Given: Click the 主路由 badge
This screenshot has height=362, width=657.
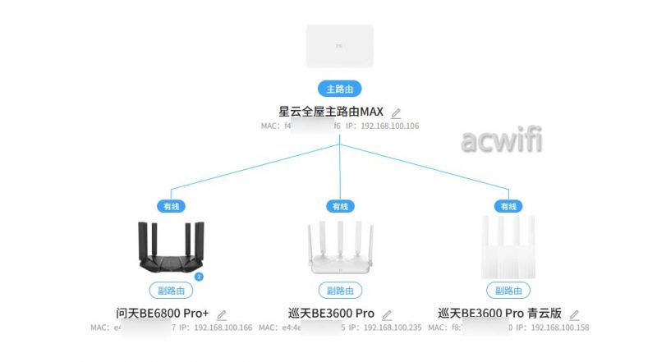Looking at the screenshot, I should (340, 89).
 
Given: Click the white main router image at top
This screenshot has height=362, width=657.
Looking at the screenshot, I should (340, 46).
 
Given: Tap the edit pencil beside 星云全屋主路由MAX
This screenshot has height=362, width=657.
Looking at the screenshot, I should (396, 112).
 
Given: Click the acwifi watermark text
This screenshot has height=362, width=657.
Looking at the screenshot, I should (502, 141).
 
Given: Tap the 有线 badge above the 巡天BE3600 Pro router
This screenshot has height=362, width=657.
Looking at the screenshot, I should (339, 206).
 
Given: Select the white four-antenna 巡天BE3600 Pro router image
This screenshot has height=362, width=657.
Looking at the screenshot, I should (339, 246).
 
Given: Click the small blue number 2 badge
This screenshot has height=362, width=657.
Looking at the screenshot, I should (199, 277).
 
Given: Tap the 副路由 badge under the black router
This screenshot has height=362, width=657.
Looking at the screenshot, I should (171, 291).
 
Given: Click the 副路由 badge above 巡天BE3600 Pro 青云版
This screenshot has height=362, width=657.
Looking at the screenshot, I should (508, 291).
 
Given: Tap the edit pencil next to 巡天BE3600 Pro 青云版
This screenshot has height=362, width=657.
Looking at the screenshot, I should (574, 314).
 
